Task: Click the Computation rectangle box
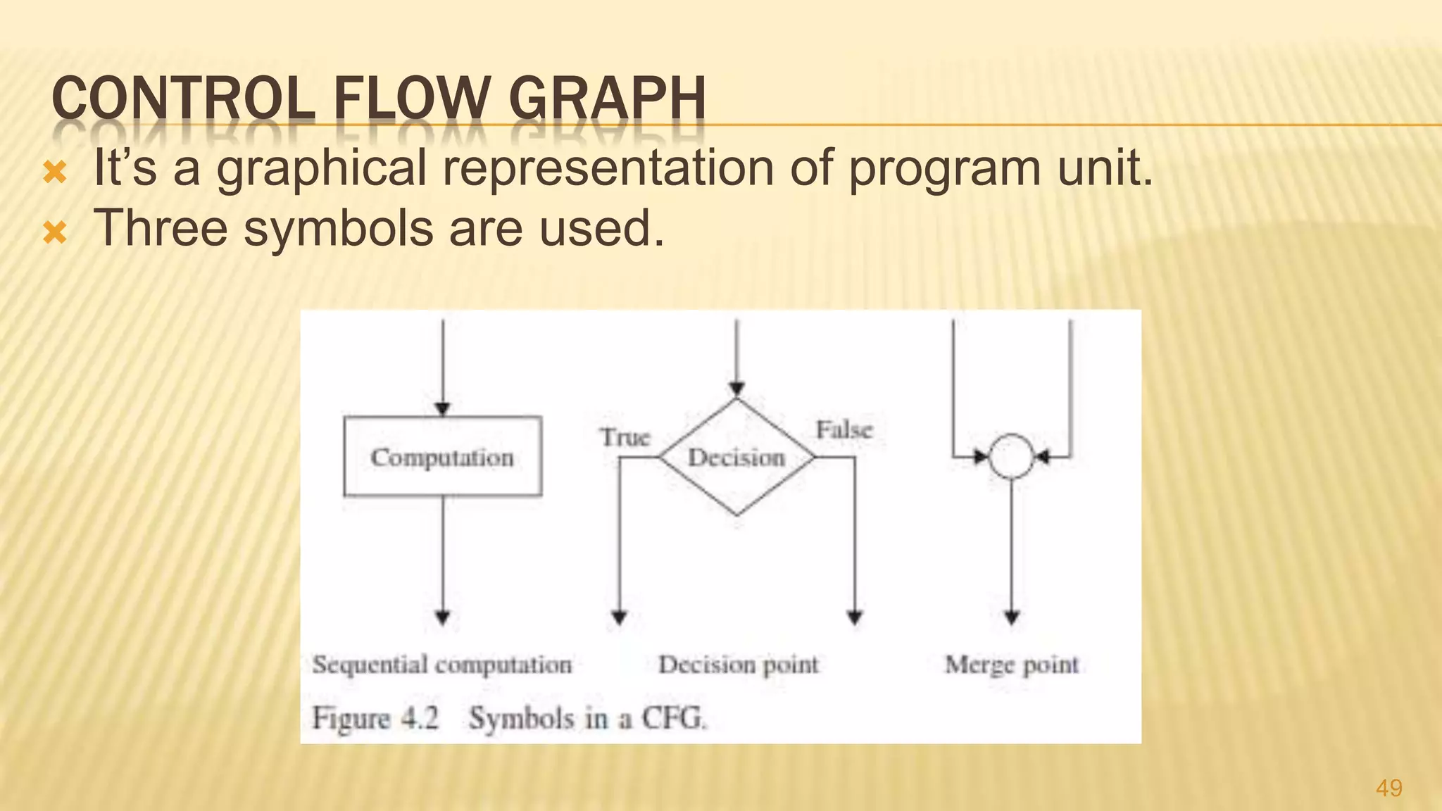(x=442, y=457)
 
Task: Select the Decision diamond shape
(x=736, y=458)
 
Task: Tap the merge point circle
(x=1011, y=456)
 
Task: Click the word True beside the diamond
(x=625, y=437)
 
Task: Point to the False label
(x=844, y=429)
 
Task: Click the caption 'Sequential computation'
(x=442, y=665)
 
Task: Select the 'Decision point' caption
(x=738, y=665)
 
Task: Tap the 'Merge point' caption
(x=1011, y=665)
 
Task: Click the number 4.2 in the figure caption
(x=420, y=718)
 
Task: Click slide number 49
(x=1388, y=788)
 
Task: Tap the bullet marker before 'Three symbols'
(x=55, y=232)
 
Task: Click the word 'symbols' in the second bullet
(x=338, y=230)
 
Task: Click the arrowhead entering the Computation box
(x=442, y=409)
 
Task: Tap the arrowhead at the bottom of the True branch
(x=619, y=618)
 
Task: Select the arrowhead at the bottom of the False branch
(x=855, y=618)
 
